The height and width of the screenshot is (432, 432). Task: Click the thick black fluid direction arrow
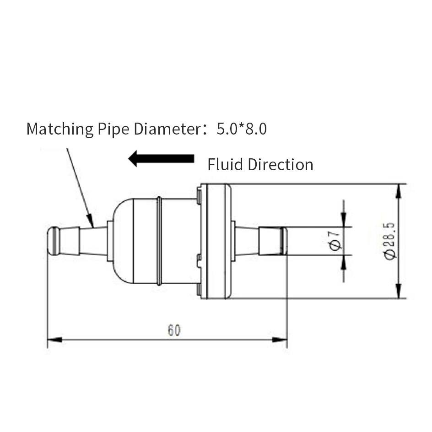pos(161,159)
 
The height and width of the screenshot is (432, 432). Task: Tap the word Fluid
pos(225,164)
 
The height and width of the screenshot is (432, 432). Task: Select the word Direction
pos(281,164)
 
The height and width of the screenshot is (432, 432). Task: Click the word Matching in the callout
pos(60,129)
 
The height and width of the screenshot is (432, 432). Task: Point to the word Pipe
pos(113,129)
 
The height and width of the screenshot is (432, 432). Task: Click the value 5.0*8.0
pos(242,129)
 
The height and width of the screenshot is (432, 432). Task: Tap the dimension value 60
pos(174,330)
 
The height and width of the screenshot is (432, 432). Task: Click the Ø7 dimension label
pos(335,241)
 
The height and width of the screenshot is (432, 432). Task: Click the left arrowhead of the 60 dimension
pos(54,340)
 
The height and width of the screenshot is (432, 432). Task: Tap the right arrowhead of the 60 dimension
pos(280,340)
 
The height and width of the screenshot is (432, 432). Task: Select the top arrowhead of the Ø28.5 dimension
pos(399,191)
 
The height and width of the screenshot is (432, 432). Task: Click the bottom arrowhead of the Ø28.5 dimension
pos(399,291)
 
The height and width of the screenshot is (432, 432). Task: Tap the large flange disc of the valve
pos(216,241)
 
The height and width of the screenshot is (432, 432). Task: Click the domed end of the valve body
pos(123,241)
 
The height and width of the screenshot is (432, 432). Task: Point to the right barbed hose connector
pos(261,241)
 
